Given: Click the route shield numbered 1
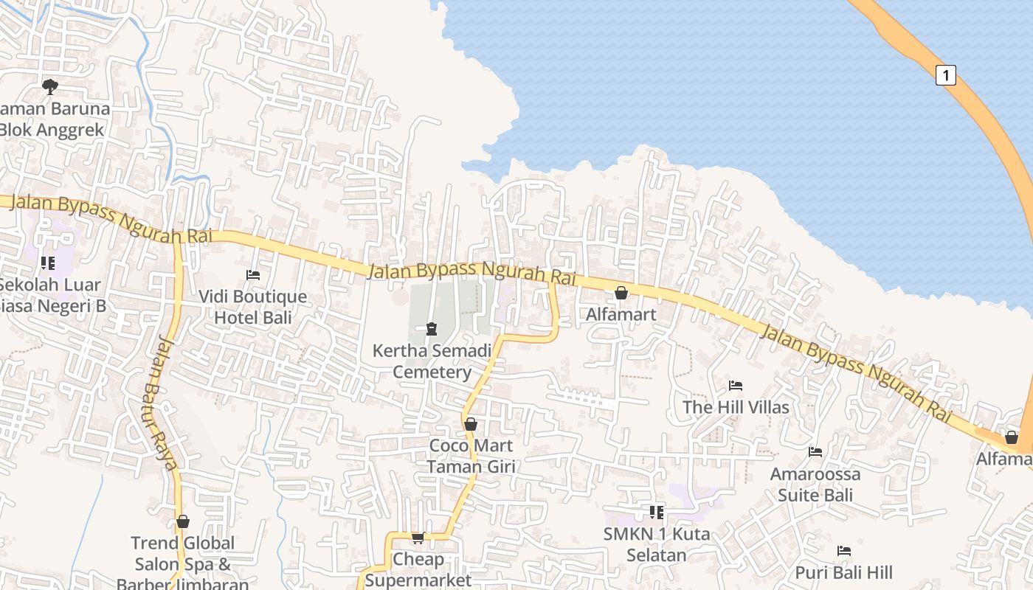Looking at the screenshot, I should (946, 74).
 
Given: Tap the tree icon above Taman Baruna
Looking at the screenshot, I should (49, 87).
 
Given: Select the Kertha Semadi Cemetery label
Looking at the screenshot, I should (432, 361).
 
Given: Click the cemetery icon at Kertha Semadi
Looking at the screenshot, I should (432, 328).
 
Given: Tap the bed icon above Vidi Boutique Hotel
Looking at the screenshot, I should (253, 275).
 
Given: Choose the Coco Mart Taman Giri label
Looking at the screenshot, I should (471, 456).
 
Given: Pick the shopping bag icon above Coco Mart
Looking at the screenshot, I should (470, 424).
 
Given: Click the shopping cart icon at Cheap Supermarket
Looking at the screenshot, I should (418, 538).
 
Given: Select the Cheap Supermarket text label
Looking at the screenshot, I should (418, 569).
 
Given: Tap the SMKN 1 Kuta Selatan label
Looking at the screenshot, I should (656, 544).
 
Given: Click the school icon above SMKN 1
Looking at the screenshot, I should (656, 512).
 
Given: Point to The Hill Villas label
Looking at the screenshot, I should (736, 407).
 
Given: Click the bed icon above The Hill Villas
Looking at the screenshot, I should (735, 385).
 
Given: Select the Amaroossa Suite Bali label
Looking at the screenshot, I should (815, 484).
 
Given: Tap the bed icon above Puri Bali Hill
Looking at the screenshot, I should (844, 551).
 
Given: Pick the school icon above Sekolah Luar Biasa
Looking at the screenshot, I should (48, 263).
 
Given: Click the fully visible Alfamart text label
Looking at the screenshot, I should (621, 314).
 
